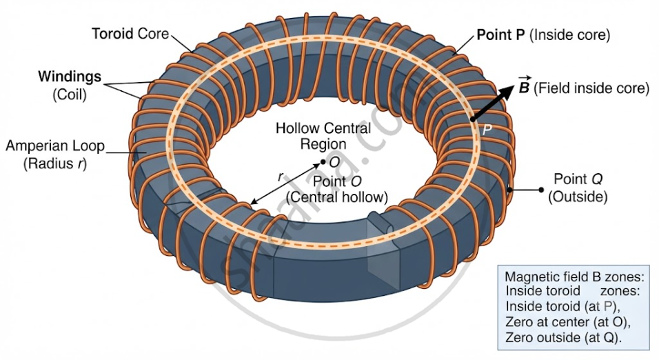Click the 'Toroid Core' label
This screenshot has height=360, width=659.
(x=130, y=34)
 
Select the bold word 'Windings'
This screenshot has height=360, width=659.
(x=70, y=77)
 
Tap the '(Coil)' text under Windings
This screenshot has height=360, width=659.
(x=70, y=94)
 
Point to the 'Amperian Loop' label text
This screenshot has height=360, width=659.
(x=55, y=146)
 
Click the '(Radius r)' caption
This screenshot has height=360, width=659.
(x=55, y=163)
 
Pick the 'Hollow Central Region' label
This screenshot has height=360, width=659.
(x=323, y=136)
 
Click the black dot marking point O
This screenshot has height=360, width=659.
(x=323, y=162)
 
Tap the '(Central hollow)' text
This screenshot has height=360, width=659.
(x=336, y=197)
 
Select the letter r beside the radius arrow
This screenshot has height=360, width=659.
(x=281, y=177)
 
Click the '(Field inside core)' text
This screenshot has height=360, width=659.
(x=591, y=88)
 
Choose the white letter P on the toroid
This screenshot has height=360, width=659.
(x=487, y=130)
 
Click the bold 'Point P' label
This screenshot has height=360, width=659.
(x=500, y=34)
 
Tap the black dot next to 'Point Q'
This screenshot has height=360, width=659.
(x=541, y=190)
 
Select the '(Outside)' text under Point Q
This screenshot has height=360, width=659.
(x=578, y=197)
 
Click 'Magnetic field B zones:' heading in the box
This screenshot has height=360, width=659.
(x=574, y=277)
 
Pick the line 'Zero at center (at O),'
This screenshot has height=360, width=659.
(x=568, y=322)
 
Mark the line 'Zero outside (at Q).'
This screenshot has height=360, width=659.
(x=563, y=337)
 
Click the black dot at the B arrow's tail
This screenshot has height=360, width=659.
(x=473, y=119)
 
